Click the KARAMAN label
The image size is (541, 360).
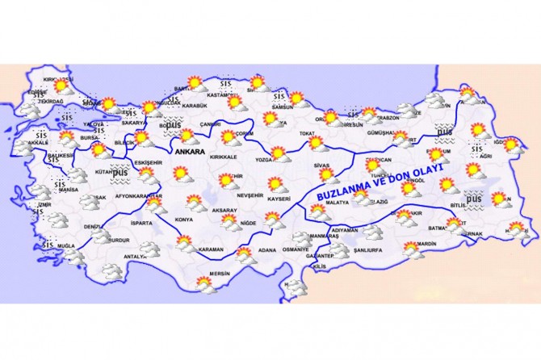coord(211,249)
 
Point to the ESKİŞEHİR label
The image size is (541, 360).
coord(149,162)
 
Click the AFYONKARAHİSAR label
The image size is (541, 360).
coord(140,196)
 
